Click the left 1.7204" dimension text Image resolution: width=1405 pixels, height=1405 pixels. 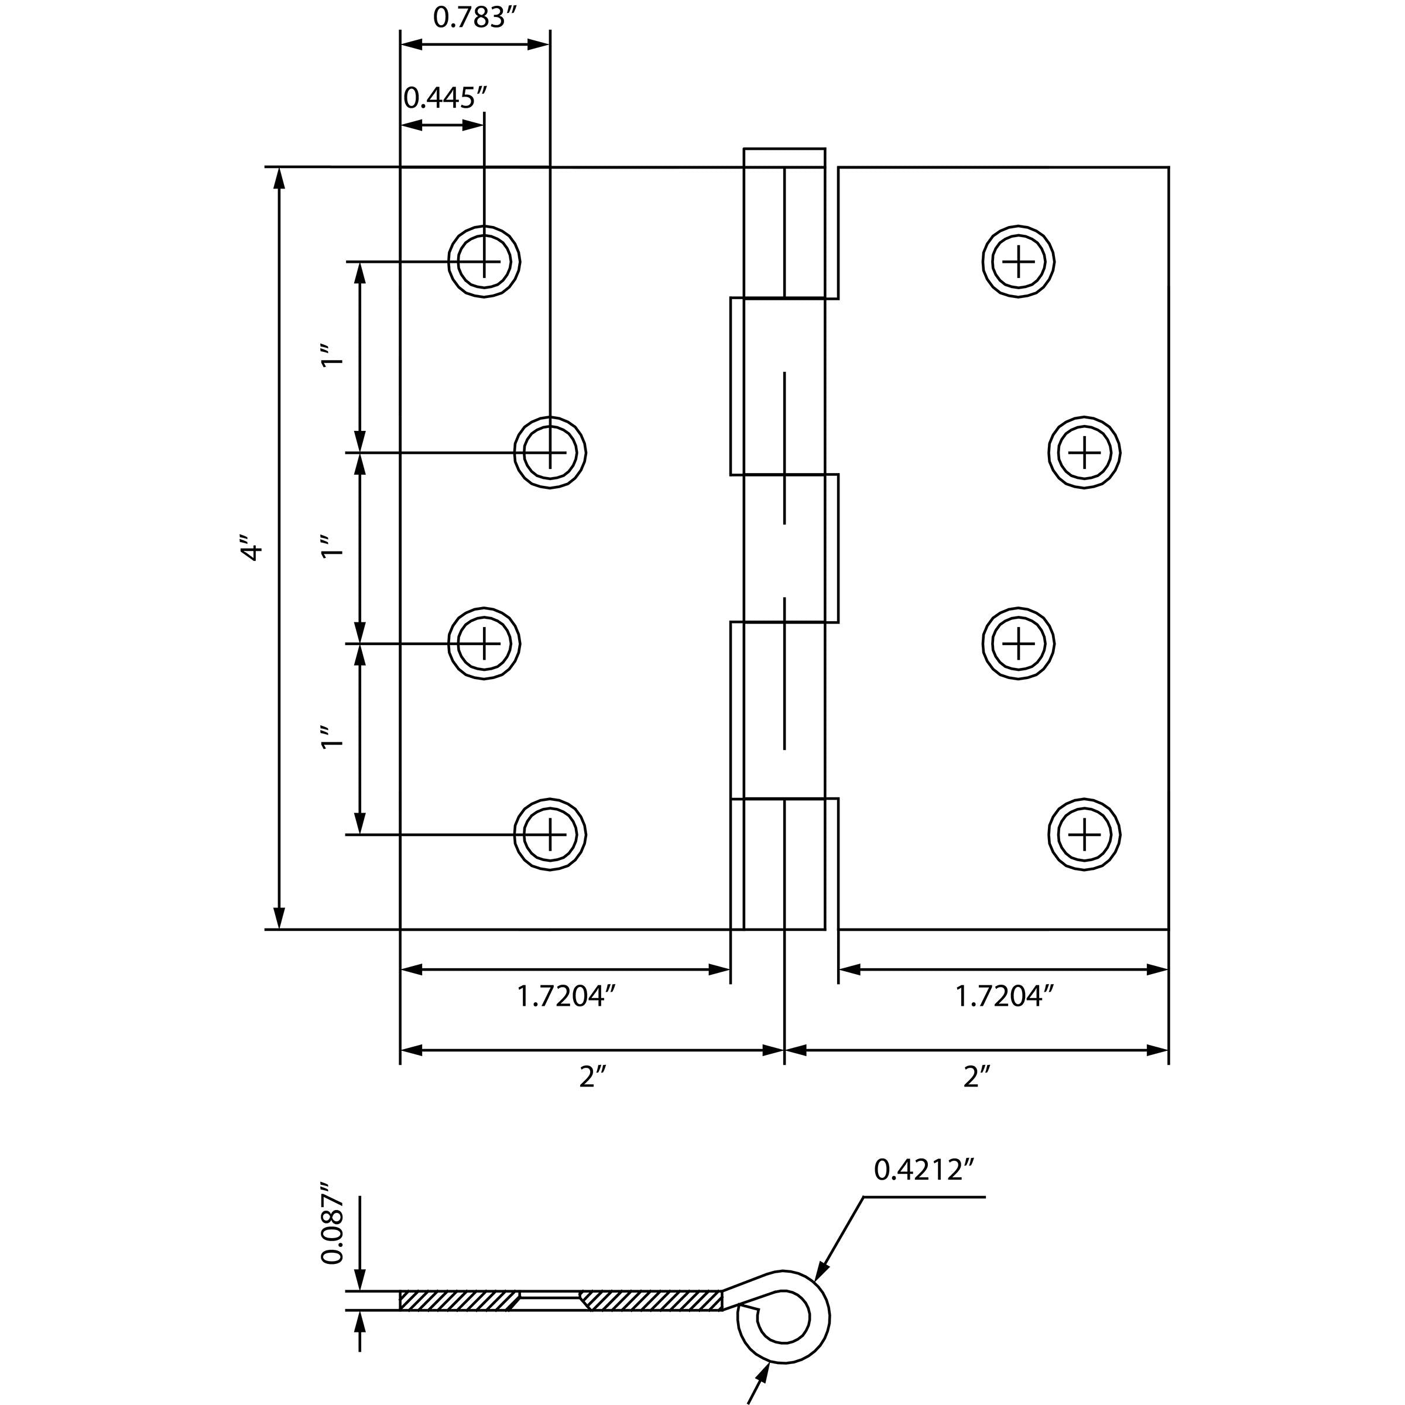[x=565, y=996]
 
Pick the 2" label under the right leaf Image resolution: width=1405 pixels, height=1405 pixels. [x=976, y=1077]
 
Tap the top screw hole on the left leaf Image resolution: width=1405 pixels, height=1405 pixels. [x=484, y=261]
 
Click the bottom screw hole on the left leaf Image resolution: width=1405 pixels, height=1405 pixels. [x=550, y=834]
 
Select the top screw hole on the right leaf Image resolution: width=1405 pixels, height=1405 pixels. [x=1018, y=261]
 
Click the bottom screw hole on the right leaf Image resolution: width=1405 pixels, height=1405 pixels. [x=1084, y=834]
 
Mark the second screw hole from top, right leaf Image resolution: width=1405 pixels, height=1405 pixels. [x=1084, y=453]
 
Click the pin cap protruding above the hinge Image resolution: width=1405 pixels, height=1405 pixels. [x=784, y=157]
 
